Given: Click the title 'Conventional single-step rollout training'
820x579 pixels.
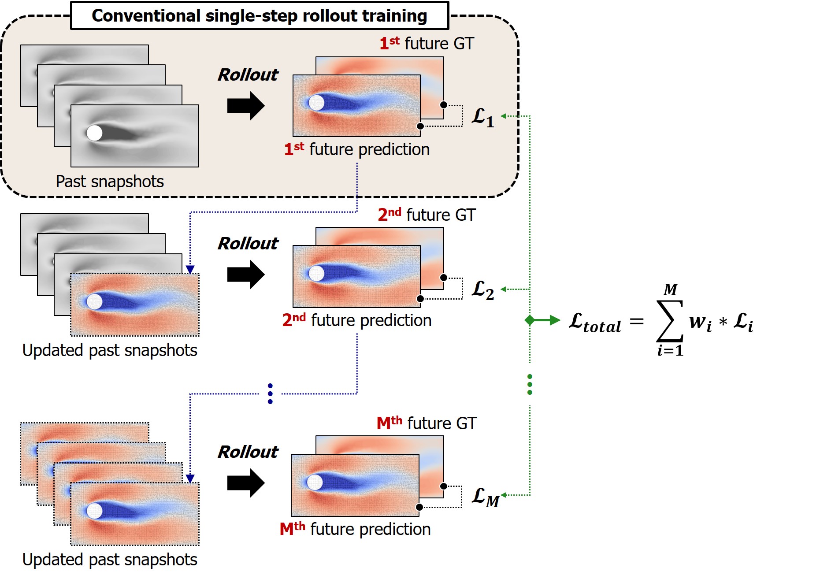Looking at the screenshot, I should (259, 16).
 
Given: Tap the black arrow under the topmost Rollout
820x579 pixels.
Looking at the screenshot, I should (245, 106).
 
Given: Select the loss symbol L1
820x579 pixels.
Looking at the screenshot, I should (483, 117).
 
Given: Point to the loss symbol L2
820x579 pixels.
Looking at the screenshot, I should (483, 289).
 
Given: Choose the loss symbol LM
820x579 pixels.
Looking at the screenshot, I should (485, 497).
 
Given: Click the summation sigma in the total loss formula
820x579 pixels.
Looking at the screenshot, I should (670, 320).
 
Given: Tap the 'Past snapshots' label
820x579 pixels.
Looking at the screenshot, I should (110, 182).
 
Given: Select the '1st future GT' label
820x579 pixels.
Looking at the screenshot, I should (427, 44).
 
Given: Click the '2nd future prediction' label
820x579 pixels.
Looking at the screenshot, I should (356, 320).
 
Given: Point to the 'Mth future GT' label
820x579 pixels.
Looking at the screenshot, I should (427, 423).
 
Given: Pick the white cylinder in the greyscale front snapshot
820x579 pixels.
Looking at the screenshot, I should (94, 133).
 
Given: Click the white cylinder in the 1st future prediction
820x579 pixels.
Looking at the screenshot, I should (316, 103).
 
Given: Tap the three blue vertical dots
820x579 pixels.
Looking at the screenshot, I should (270, 393).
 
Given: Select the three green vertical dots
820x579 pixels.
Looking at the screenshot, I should (530, 384).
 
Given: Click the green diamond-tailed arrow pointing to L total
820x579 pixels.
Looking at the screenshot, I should (542, 320).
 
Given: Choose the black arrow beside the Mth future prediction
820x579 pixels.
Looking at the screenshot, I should (245, 483).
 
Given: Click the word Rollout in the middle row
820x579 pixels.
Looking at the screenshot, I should (248, 243).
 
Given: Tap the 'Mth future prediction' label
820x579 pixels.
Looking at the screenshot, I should (355, 529).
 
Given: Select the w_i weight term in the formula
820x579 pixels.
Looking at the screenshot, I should (701, 323).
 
